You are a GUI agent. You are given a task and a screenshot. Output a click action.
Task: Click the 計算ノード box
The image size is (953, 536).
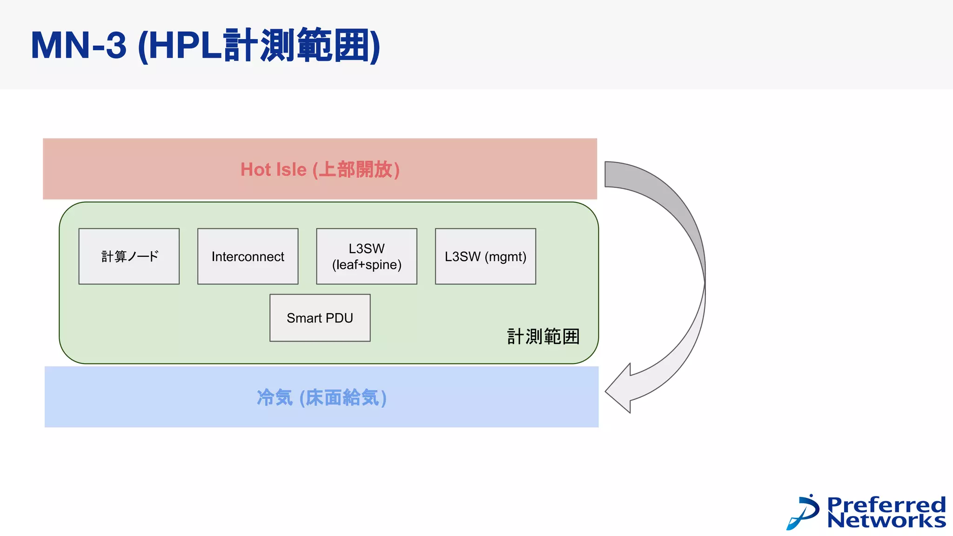pos(129,256)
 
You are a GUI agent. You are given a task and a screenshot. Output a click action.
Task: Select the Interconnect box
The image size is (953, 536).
pos(248,256)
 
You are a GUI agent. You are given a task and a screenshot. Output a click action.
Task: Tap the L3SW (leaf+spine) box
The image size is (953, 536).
pos(367,256)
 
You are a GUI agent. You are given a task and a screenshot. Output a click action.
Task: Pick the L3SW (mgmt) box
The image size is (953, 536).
pos(485,256)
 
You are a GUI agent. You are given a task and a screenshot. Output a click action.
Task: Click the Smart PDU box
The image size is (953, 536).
pos(320,318)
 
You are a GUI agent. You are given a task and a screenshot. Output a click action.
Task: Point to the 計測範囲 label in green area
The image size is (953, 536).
pos(543,336)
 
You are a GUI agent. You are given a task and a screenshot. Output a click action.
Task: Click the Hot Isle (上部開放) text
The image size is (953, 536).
pos(320,170)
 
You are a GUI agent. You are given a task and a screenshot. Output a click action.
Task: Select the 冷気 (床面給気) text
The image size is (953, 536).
pos(322,398)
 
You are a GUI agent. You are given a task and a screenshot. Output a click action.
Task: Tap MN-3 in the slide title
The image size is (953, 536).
pos(78,46)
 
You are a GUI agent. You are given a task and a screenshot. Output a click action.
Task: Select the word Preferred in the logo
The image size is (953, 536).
pos(886,504)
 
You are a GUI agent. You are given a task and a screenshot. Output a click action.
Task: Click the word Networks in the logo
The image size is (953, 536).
pos(886,520)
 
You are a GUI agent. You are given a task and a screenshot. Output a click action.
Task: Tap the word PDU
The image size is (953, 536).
pos(339,318)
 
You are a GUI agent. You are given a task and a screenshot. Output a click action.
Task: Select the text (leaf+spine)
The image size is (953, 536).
pos(367,265)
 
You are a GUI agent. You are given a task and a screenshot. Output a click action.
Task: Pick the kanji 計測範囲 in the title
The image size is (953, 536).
pos(298,46)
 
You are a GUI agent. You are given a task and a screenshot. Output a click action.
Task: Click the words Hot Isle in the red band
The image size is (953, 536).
pos(274,170)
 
